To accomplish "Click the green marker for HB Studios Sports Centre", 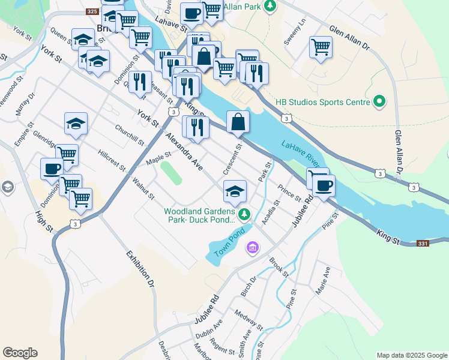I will point(379,102).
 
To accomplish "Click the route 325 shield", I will point(92,11).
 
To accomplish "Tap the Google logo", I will point(20,353).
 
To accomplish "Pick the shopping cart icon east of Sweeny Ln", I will point(321,46).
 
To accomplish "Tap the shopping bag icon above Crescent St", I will point(238,122).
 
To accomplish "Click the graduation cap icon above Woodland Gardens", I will point(235,191).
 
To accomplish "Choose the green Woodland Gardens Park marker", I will point(244,214).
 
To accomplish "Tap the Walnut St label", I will point(144,187).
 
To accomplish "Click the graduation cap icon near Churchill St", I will point(76,124).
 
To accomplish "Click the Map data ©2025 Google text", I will point(412,355).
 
